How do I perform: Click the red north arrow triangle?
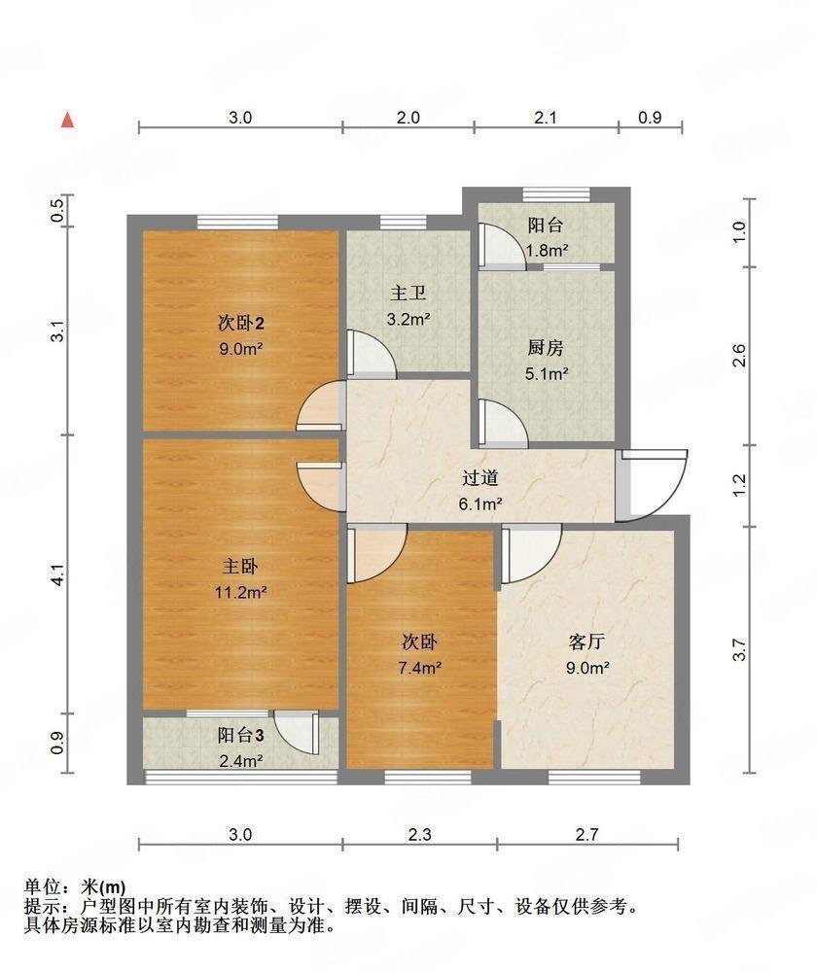point(68,121)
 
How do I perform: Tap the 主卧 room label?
point(240,567)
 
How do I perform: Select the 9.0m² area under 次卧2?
point(240,349)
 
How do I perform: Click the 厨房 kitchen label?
point(546,348)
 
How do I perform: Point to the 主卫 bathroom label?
point(408,294)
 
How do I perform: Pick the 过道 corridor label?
point(480,478)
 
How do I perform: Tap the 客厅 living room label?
point(586,642)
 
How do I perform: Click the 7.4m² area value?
point(420,669)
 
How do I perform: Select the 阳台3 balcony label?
point(240,736)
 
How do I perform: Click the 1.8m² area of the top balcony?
point(548,251)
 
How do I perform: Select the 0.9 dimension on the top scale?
point(650,118)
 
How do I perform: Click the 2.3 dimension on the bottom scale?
point(419,834)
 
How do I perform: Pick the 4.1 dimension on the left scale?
point(57,574)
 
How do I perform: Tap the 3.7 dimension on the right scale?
point(739,649)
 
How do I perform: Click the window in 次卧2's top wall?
point(237,222)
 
